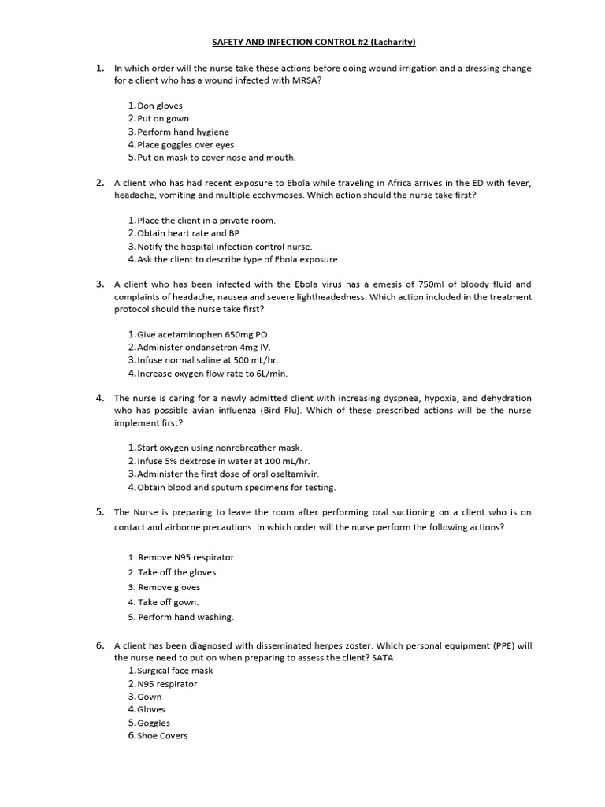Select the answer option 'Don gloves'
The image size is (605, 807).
pos(160,106)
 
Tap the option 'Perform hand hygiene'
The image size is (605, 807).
pos(183,132)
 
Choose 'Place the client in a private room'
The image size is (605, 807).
pos(206,221)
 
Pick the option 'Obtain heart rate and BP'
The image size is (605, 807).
pos(188,233)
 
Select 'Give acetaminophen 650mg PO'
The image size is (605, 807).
pos(203,334)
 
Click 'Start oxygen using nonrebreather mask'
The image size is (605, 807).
pos(220,448)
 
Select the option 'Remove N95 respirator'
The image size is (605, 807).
pos(186,557)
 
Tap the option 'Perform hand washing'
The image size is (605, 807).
pos(186,617)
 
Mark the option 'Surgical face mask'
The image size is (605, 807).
pos(175,671)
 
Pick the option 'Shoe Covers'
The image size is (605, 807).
pos(162,736)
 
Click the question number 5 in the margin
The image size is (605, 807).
pos(100,511)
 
